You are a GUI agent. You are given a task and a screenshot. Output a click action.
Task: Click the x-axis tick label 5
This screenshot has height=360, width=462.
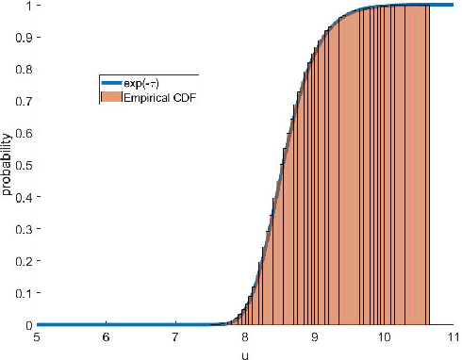click(x=37, y=337)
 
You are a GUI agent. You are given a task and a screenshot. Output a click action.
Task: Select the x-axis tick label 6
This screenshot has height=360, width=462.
click(x=107, y=337)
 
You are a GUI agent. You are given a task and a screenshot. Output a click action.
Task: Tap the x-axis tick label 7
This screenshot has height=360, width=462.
click(x=175, y=337)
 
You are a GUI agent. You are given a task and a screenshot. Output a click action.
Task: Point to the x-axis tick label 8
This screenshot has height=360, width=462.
click(x=245, y=337)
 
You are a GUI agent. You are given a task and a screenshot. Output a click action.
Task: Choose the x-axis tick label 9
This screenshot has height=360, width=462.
click(x=314, y=337)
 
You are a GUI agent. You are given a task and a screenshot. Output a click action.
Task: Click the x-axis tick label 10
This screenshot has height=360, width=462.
click(x=384, y=337)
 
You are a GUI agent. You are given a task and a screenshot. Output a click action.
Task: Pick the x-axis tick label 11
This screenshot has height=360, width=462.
click(x=453, y=337)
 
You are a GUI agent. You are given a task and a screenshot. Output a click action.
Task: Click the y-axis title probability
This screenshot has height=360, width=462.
click(x=7, y=166)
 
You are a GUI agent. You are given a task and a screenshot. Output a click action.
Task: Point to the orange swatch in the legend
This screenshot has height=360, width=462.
click(x=113, y=96)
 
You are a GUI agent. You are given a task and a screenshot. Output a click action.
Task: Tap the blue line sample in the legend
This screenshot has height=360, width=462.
click(x=113, y=83)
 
